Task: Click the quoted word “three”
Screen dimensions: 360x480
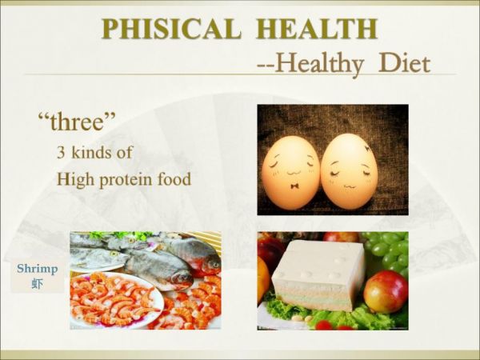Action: [x=77, y=122]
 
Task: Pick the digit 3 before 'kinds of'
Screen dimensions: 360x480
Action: [x=61, y=152]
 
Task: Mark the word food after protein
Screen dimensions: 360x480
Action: [x=175, y=178]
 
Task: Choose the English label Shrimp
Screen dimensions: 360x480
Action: [x=37, y=269]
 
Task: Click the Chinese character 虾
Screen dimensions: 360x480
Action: [x=37, y=283]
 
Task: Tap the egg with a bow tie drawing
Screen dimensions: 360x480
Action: [x=290, y=171]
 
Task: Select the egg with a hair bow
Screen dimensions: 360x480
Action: [x=349, y=170]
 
